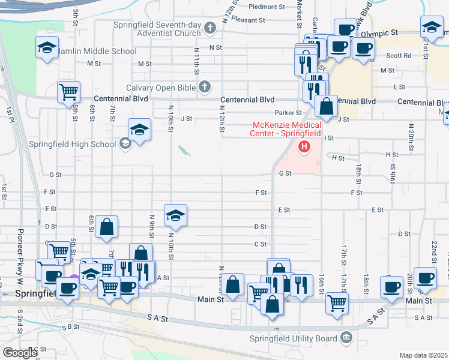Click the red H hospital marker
304,146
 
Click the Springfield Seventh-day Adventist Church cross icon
210,27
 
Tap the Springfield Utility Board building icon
346,338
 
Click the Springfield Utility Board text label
294,338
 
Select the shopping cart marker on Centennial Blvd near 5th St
69,92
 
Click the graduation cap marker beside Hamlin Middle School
47,48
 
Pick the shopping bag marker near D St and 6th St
106,226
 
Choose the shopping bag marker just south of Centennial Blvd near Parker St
326,106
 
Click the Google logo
19,352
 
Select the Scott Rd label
399,55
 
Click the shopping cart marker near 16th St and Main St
337,303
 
